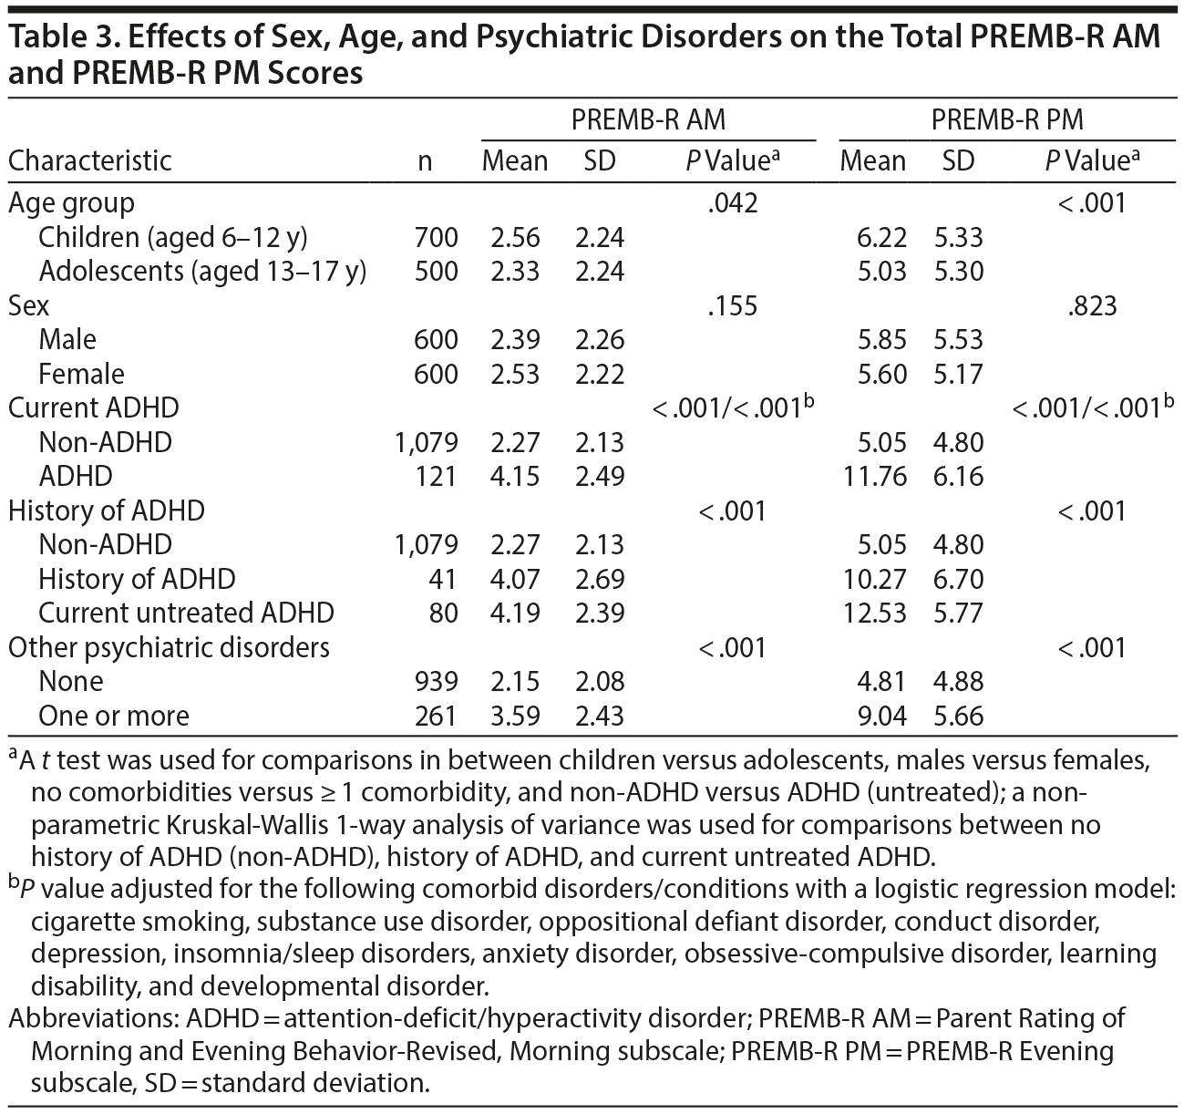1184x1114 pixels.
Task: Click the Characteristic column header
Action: click(89, 161)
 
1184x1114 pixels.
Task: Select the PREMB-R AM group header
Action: click(648, 119)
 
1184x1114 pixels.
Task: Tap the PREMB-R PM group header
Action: click(1007, 119)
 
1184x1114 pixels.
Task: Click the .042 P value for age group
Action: click(732, 202)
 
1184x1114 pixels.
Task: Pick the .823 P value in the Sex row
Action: click(1091, 305)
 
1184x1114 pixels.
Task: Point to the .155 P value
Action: click(732, 305)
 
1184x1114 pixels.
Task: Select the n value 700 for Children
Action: click(435, 237)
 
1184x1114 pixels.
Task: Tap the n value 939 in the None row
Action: click(435, 681)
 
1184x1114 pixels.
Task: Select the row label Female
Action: click(81, 374)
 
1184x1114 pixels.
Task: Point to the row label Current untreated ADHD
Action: click(186, 613)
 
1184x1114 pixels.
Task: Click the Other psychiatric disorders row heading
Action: click(169, 647)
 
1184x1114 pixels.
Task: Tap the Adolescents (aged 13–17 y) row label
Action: click(202, 272)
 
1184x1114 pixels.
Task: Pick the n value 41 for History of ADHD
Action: click(442, 579)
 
